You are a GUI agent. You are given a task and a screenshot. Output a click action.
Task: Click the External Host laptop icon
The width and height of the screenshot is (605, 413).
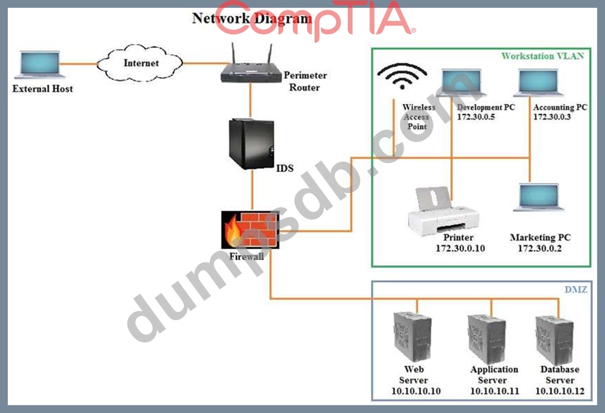[39, 64]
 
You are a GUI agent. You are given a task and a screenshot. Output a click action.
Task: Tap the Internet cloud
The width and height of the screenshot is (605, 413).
[140, 64]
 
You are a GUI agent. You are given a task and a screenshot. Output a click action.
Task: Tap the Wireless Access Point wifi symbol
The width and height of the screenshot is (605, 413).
[401, 77]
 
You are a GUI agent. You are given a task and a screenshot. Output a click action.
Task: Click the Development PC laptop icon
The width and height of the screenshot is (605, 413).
[461, 83]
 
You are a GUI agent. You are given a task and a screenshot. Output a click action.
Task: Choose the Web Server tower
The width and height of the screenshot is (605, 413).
[412, 336]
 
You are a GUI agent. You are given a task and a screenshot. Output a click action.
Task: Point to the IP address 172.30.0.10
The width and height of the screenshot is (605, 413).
[460, 248]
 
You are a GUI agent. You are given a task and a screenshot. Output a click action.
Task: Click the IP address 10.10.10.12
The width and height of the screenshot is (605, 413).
[559, 391]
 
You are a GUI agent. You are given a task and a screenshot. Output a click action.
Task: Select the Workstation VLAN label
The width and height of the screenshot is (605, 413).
[542, 56]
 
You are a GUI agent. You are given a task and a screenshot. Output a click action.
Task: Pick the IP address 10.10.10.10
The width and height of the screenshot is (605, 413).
[416, 391]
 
